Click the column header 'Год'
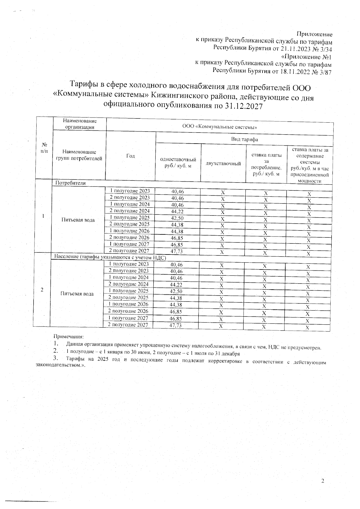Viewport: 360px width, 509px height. tap(130, 156)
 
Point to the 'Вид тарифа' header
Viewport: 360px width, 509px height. tap(244, 139)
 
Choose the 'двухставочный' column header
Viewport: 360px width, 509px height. tap(223, 164)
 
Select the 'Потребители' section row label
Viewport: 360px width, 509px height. tap(70, 183)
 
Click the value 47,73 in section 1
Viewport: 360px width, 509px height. tap(177, 252)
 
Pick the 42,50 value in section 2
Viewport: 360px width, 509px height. tap(176, 291)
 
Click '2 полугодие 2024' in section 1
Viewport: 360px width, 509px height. tap(129, 211)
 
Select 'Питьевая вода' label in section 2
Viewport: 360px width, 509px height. tap(77, 294)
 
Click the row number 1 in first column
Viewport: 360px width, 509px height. tap(44, 216)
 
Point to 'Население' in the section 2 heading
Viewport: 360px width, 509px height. tap(65, 257)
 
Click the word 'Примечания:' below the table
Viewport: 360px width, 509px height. tap(68, 337)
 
